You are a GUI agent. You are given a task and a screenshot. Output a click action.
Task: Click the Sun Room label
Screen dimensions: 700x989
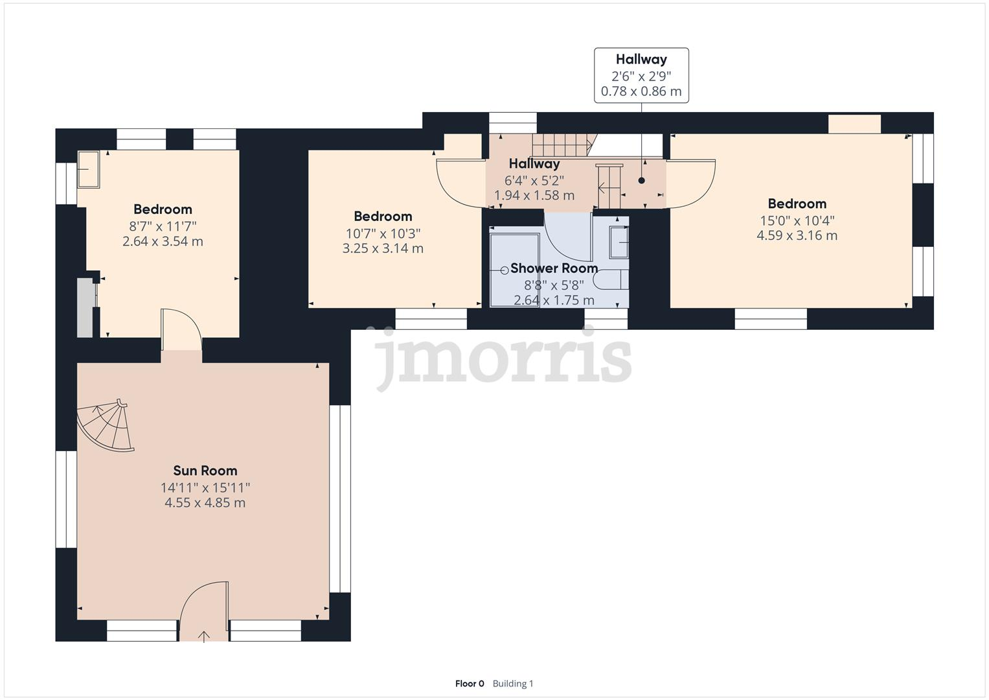click(x=205, y=471)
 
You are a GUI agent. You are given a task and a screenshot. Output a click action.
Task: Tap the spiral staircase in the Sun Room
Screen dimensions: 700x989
click(x=106, y=426)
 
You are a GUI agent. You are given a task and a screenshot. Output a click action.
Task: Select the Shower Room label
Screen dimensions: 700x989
click(x=554, y=268)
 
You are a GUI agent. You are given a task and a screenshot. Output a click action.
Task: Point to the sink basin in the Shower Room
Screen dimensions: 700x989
click(x=620, y=243)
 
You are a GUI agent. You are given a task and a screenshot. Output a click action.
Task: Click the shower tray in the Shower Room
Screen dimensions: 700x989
click(x=514, y=270)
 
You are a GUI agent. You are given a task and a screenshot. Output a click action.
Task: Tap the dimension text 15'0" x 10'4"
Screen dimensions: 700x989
click(x=797, y=220)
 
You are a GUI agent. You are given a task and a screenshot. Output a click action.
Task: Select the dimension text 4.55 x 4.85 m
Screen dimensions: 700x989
click(x=205, y=503)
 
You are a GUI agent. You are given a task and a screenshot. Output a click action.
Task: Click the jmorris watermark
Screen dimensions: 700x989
click(x=503, y=358)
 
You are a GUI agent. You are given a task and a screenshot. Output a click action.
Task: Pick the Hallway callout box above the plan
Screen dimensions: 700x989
click(x=641, y=75)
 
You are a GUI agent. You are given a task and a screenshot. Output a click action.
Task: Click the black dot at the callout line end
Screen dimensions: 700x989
click(x=642, y=181)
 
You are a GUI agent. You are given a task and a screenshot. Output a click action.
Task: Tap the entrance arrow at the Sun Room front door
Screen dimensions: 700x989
click(x=204, y=636)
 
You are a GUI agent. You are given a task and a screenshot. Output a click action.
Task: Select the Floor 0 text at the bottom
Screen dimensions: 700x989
click(x=470, y=683)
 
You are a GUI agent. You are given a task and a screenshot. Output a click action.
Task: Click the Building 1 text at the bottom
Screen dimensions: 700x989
click(x=513, y=683)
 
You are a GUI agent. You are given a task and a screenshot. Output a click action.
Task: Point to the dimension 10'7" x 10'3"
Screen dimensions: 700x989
click(x=383, y=233)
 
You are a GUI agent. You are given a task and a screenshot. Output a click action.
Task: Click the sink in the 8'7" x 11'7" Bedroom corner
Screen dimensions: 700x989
click(x=88, y=169)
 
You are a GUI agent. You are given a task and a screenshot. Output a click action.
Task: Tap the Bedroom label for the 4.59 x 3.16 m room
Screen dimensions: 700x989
click(x=797, y=204)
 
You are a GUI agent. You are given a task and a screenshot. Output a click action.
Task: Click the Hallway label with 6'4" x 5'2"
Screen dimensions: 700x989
click(x=534, y=164)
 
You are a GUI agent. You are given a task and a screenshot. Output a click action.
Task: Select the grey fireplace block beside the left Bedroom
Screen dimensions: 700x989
click(x=85, y=308)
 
